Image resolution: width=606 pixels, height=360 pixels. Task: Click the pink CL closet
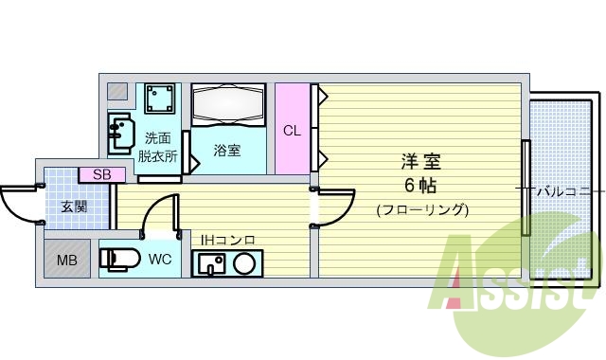tap(293, 129)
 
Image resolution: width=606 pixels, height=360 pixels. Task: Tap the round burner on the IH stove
tap(243, 263)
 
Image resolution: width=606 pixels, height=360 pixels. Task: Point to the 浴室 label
tap(226, 150)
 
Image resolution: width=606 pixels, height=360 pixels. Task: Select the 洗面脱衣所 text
tap(158, 147)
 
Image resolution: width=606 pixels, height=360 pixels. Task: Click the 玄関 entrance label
tap(74, 206)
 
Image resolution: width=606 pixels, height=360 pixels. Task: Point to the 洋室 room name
tap(421, 162)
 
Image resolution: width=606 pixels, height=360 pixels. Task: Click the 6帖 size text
tap(421, 184)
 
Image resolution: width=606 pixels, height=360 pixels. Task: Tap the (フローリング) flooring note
tap(421, 209)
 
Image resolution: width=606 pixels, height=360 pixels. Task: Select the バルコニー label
tap(565, 191)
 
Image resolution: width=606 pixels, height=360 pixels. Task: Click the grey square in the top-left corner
tap(116, 92)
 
